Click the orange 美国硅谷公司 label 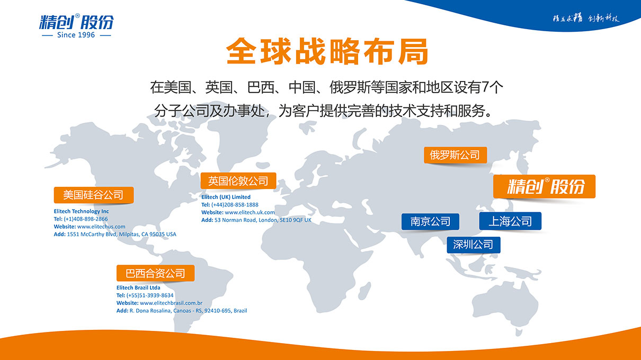click(94, 195)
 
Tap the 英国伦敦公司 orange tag click(238, 181)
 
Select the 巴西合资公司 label click(155, 273)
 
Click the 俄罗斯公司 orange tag click(455, 155)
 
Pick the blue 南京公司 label click(430, 221)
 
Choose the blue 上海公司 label click(510, 221)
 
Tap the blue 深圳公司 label click(473, 245)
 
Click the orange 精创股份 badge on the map click(544, 186)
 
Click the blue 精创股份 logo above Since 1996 click(76, 22)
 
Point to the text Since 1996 click(76, 35)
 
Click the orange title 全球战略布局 click(327, 51)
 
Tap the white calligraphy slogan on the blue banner click(586, 18)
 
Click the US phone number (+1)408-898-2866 click(86, 219)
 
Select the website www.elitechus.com click(101, 227)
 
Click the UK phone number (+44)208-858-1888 click(235, 205)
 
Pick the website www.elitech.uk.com click(250, 212)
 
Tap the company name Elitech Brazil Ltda click(138, 287)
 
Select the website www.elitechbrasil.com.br click(171, 303)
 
